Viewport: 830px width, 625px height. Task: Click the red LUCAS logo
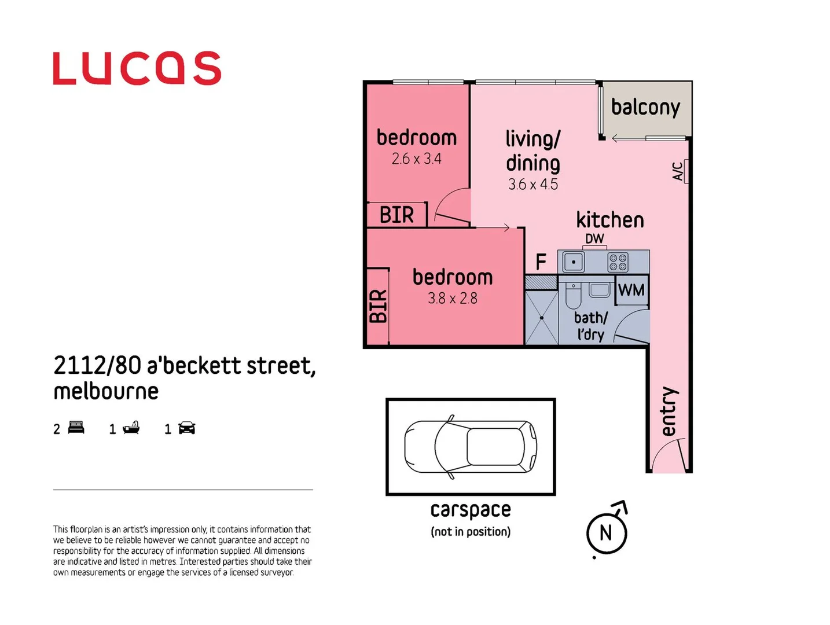(x=137, y=68)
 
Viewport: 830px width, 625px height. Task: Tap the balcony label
(x=645, y=108)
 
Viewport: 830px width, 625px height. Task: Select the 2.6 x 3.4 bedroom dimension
(x=416, y=159)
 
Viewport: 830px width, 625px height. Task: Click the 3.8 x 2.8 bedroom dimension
(x=452, y=298)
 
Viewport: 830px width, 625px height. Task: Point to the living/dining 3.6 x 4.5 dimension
(x=532, y=185)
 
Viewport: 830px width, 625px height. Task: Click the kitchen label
(x=609, y=220)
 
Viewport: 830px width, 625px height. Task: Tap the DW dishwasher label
(x=594, y=238)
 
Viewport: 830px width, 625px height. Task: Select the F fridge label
(x=541, y=262)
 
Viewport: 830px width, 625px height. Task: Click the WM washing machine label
(x=631, y=290)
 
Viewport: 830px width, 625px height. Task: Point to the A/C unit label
(x=678, y=171)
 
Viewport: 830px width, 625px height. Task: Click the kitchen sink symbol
(x=574, y=262)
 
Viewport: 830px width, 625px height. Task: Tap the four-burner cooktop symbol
(x=618, y=262)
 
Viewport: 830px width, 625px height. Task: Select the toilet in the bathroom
(x=573, y=296)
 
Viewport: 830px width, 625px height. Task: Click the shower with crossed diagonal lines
(x=541, y=318)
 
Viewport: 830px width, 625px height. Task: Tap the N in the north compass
(x=605, y=533)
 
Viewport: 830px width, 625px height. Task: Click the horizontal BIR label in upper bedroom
(x=396, y=215)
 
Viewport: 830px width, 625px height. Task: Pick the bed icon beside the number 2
(x=76, y=428)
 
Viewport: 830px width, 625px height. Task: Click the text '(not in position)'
(x=470, y=532)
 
